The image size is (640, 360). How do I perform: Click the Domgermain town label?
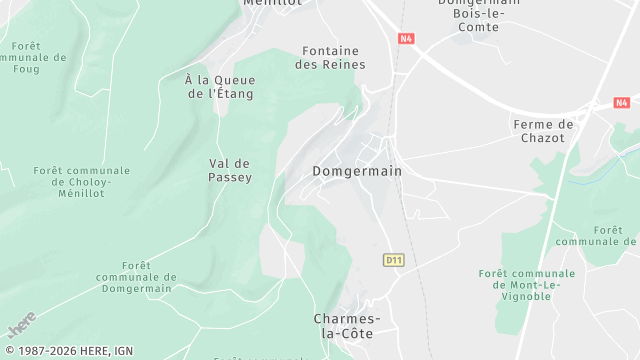pos(357,171)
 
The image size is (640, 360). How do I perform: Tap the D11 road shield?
pos(393,260)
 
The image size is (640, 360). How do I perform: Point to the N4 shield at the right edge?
pos(622,103)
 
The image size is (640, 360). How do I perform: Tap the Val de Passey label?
pos(230,170)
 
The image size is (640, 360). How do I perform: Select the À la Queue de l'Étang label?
pos(220,86)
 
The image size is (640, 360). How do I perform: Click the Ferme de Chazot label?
pos(543,131)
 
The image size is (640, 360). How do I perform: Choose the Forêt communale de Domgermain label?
pos(139,277)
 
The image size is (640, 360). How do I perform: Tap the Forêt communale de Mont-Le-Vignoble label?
pos(527,284)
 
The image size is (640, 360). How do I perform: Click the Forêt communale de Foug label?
pos(36,59)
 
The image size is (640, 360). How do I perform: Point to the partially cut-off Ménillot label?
pos(272,3)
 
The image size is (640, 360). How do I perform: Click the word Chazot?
pos(543,137)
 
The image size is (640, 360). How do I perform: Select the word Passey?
pos(230,177)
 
